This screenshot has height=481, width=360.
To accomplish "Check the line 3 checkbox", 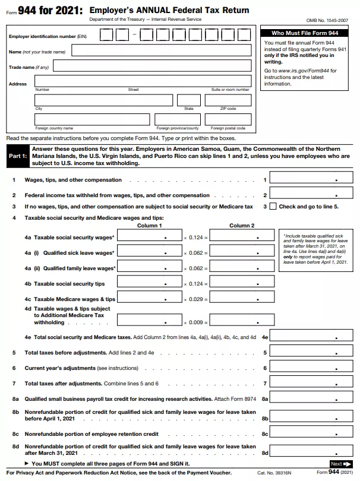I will pyautogui.click(x=273, y=207).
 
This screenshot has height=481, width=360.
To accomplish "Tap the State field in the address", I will pyautogui.click(x=188, y=100).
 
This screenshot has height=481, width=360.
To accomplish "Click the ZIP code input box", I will pyautogui.click(x=227, y=100).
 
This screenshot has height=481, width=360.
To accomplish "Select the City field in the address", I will pyautogui.click(x=103, y=100).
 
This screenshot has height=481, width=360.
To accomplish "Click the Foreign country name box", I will pyautogui.click(x=91, y=119).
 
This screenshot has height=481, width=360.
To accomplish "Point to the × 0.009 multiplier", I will pyautogui.click(x=195, y=322).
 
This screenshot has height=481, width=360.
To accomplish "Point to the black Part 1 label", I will pyautogui.click(x=17, y=156).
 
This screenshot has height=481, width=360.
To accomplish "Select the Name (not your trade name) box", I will pyautogui.click(x=163, y=50).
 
